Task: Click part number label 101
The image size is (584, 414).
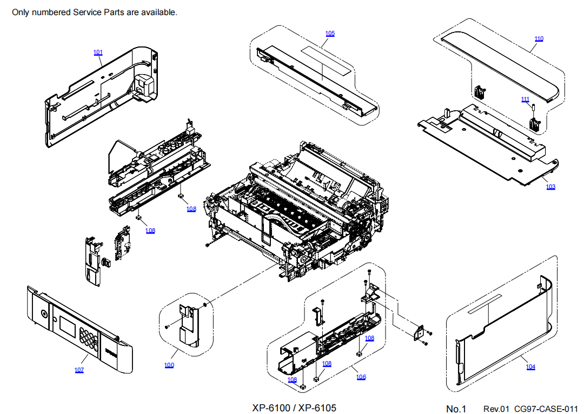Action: (98, 52)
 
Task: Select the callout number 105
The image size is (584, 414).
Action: (330, 34)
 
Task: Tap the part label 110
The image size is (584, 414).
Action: (539, 39)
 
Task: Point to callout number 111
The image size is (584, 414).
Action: (525, 99)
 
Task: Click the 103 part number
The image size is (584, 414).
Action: (550, 187)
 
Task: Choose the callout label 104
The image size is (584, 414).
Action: (530, 366)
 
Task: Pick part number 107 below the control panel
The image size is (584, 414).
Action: (79, 370)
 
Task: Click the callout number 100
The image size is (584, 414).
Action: (169, 365)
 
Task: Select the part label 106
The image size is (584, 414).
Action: (361, 377)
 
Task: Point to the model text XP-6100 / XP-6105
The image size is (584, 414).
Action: (294, 408)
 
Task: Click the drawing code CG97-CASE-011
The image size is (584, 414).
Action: (545, 409)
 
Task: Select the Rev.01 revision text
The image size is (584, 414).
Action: (496, 409)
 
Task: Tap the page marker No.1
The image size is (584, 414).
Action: (456, 409)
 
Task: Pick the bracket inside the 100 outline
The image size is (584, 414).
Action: (188, 324)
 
